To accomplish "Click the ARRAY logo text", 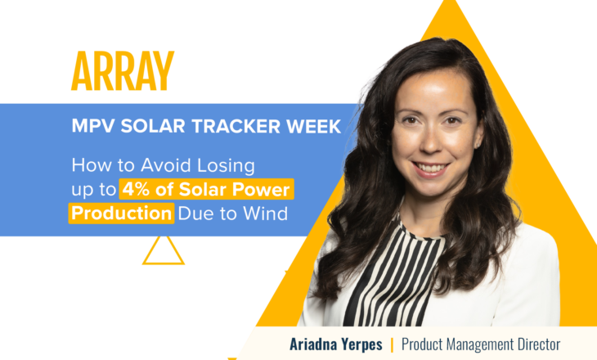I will (x=123, y=72).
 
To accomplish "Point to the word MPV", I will (x=92, y=128).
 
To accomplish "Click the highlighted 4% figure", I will (x=136, y=190).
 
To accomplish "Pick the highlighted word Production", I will (x=122, y=214).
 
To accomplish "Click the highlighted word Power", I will (x=264, y=190).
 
